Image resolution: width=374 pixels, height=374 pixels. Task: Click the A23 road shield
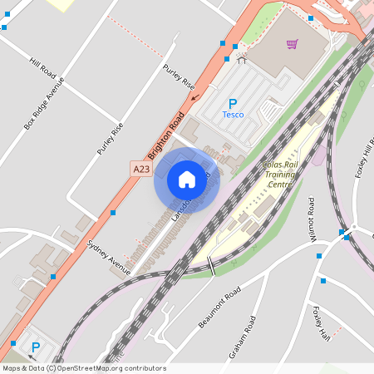coord(142,169)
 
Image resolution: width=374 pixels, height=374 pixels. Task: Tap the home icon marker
coord(187,179)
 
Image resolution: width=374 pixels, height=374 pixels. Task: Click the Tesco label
coord(234,115)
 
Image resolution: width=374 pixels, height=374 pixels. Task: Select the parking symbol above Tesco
coord(233,103)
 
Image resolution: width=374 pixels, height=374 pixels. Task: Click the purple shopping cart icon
coord(292,44)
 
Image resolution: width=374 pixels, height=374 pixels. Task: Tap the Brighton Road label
coord(165,136)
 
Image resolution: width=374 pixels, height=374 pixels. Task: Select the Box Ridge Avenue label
coord(43,104)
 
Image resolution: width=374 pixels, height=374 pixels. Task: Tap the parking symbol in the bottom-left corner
coord(35,348)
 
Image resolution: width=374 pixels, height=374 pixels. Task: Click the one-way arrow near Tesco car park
coord(195,96)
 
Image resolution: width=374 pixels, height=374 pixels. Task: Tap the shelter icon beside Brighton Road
coord(242,59)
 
